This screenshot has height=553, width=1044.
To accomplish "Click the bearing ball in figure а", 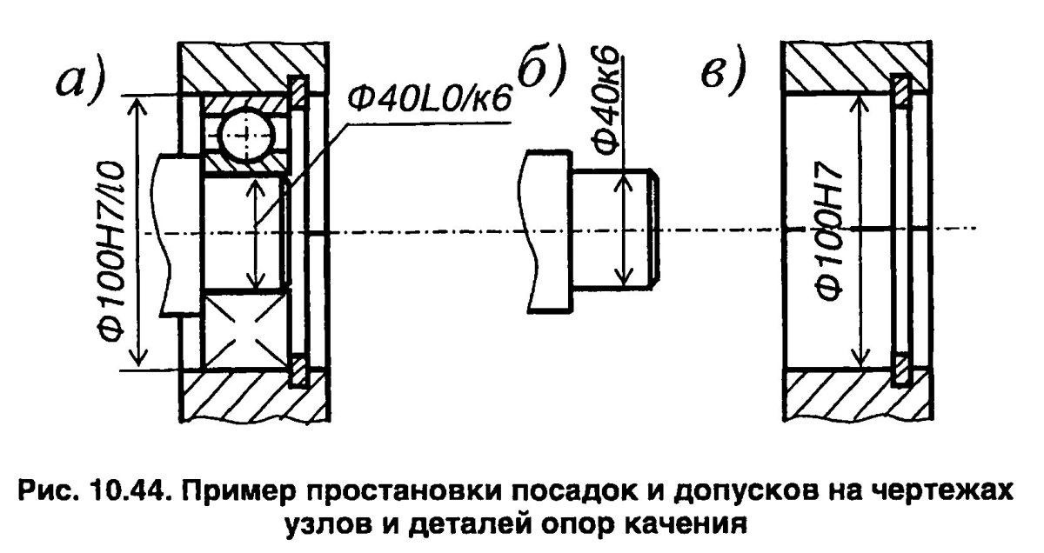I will pyautogui.click(x=244, y=134).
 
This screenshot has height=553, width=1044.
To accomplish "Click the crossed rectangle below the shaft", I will pyautogui.click(x=244, y=330).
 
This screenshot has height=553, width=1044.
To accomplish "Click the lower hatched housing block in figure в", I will pyautogui.click(x=857, y=396).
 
